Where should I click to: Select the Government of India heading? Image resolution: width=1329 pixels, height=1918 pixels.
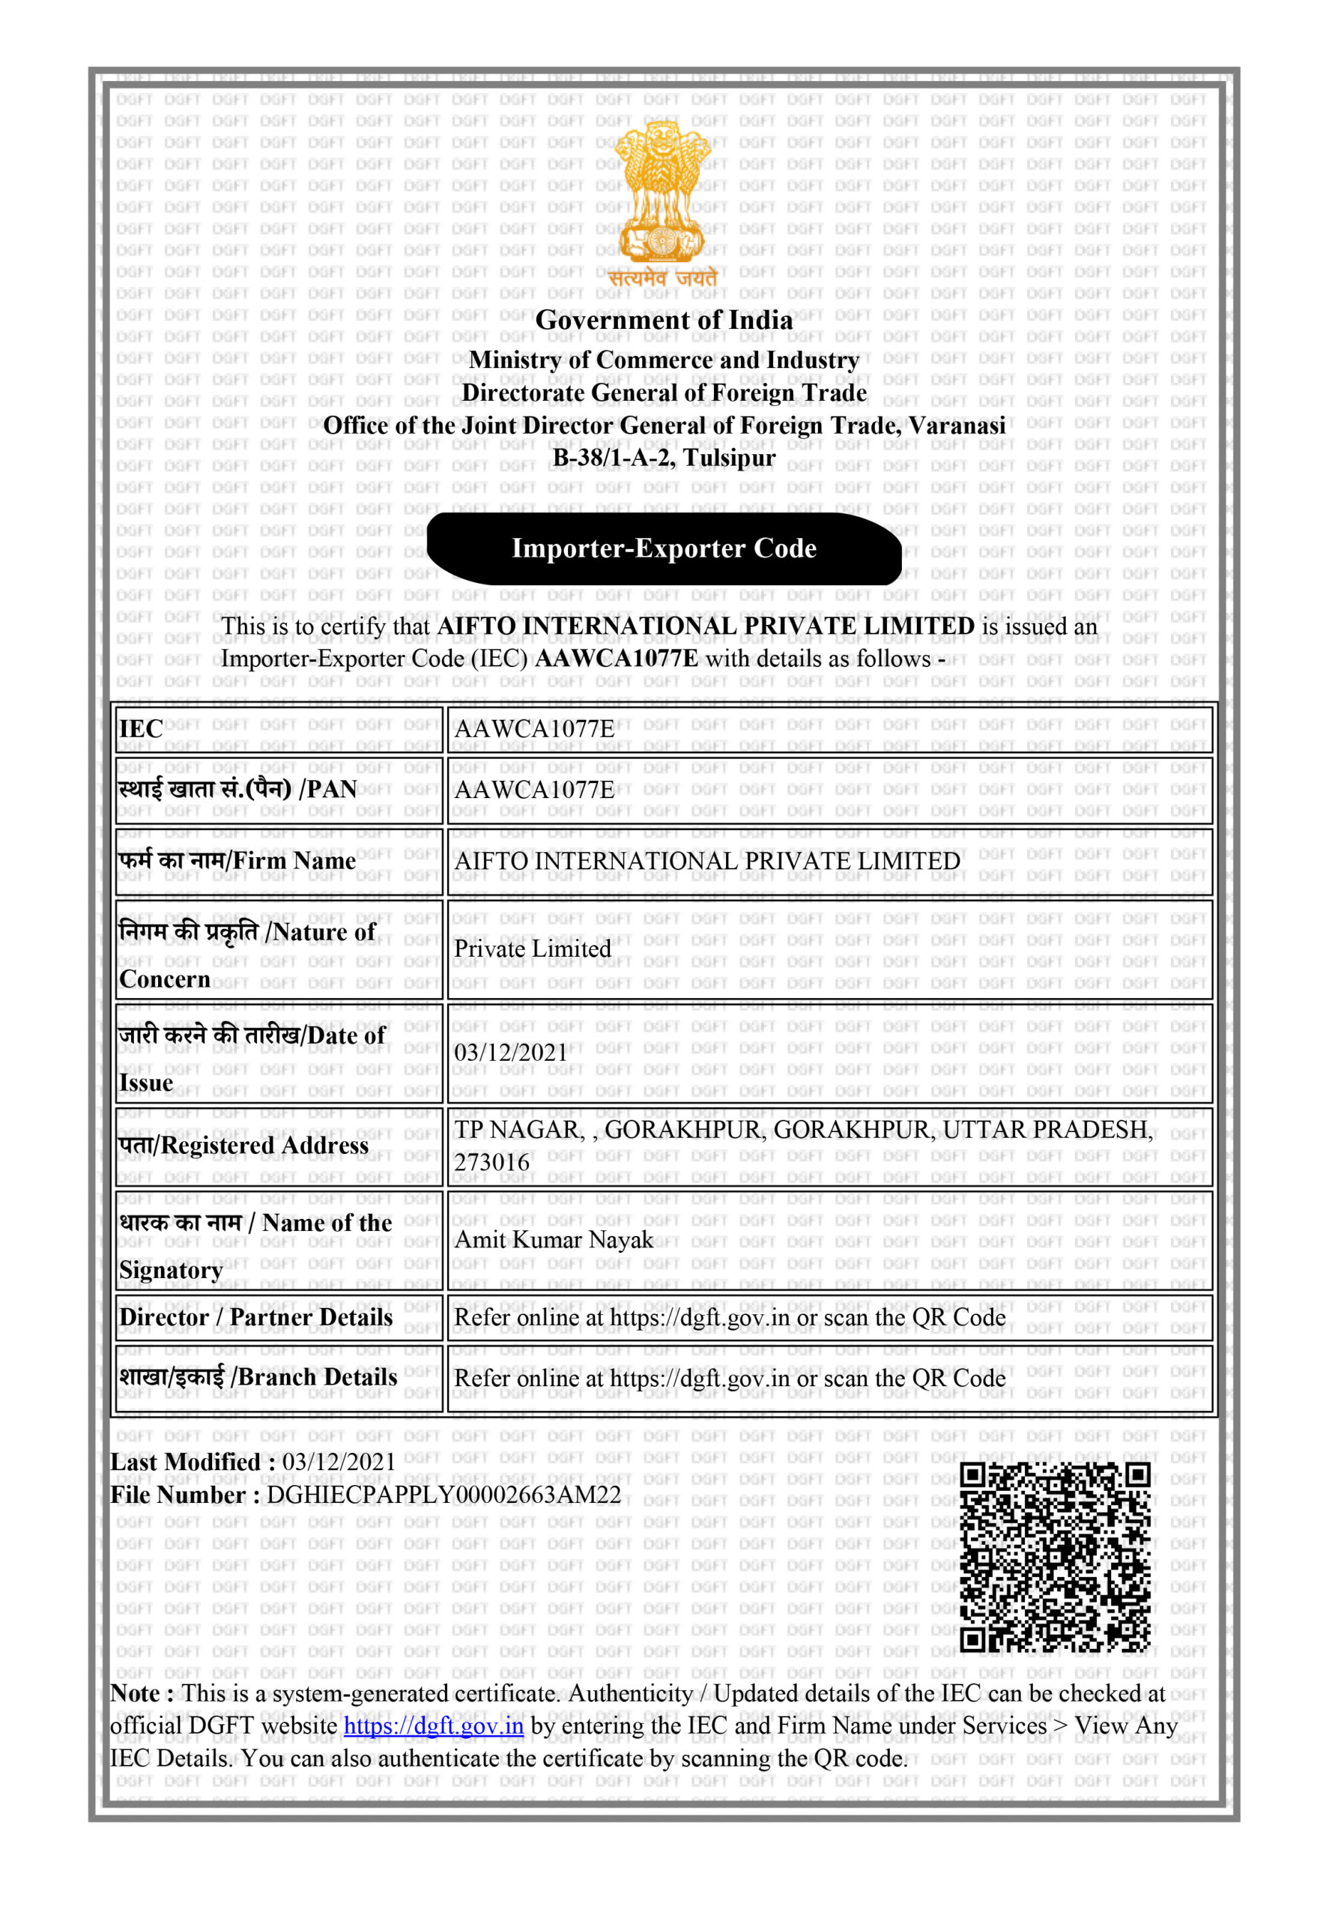coord(664,320)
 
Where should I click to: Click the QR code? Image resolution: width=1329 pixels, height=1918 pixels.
coord(1055,1557)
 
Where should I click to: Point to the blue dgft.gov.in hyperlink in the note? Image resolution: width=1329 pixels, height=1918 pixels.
coord(433,1725)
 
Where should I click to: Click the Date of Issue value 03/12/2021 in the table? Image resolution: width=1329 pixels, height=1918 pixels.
coord(510,1053)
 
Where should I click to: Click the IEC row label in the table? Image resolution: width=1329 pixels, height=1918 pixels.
coord(142,729)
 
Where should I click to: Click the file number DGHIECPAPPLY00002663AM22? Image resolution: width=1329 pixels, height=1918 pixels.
coord(443,1495)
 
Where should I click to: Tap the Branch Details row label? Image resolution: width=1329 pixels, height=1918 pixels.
coord(258,1378)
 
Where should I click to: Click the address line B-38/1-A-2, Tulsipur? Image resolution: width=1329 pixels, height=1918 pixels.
coord(664,457)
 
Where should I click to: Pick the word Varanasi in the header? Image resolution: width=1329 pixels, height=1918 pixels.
coord(957,426)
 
